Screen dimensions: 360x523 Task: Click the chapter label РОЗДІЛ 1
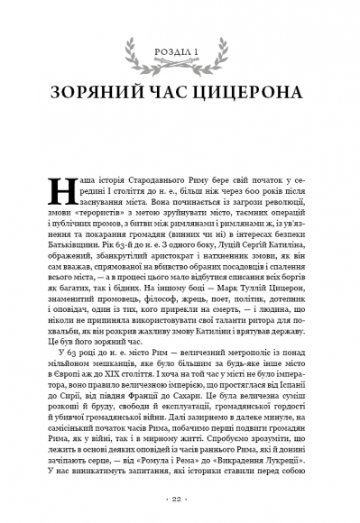pyautogui.click(x=180, y=50)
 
